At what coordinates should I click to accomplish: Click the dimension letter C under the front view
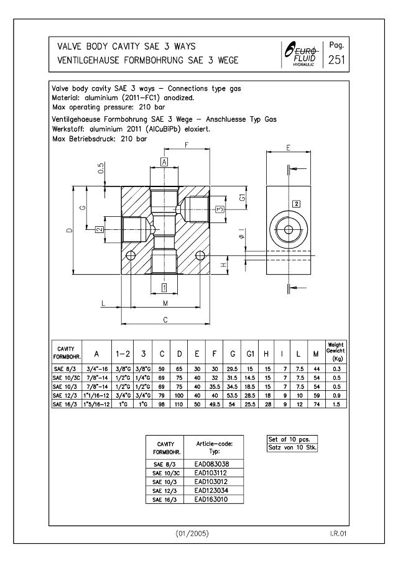165,319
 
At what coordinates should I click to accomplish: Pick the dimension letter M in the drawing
165,303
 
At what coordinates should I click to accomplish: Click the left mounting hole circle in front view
130,256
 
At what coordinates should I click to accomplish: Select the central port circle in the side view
288,229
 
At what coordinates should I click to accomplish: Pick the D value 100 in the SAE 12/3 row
180,395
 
